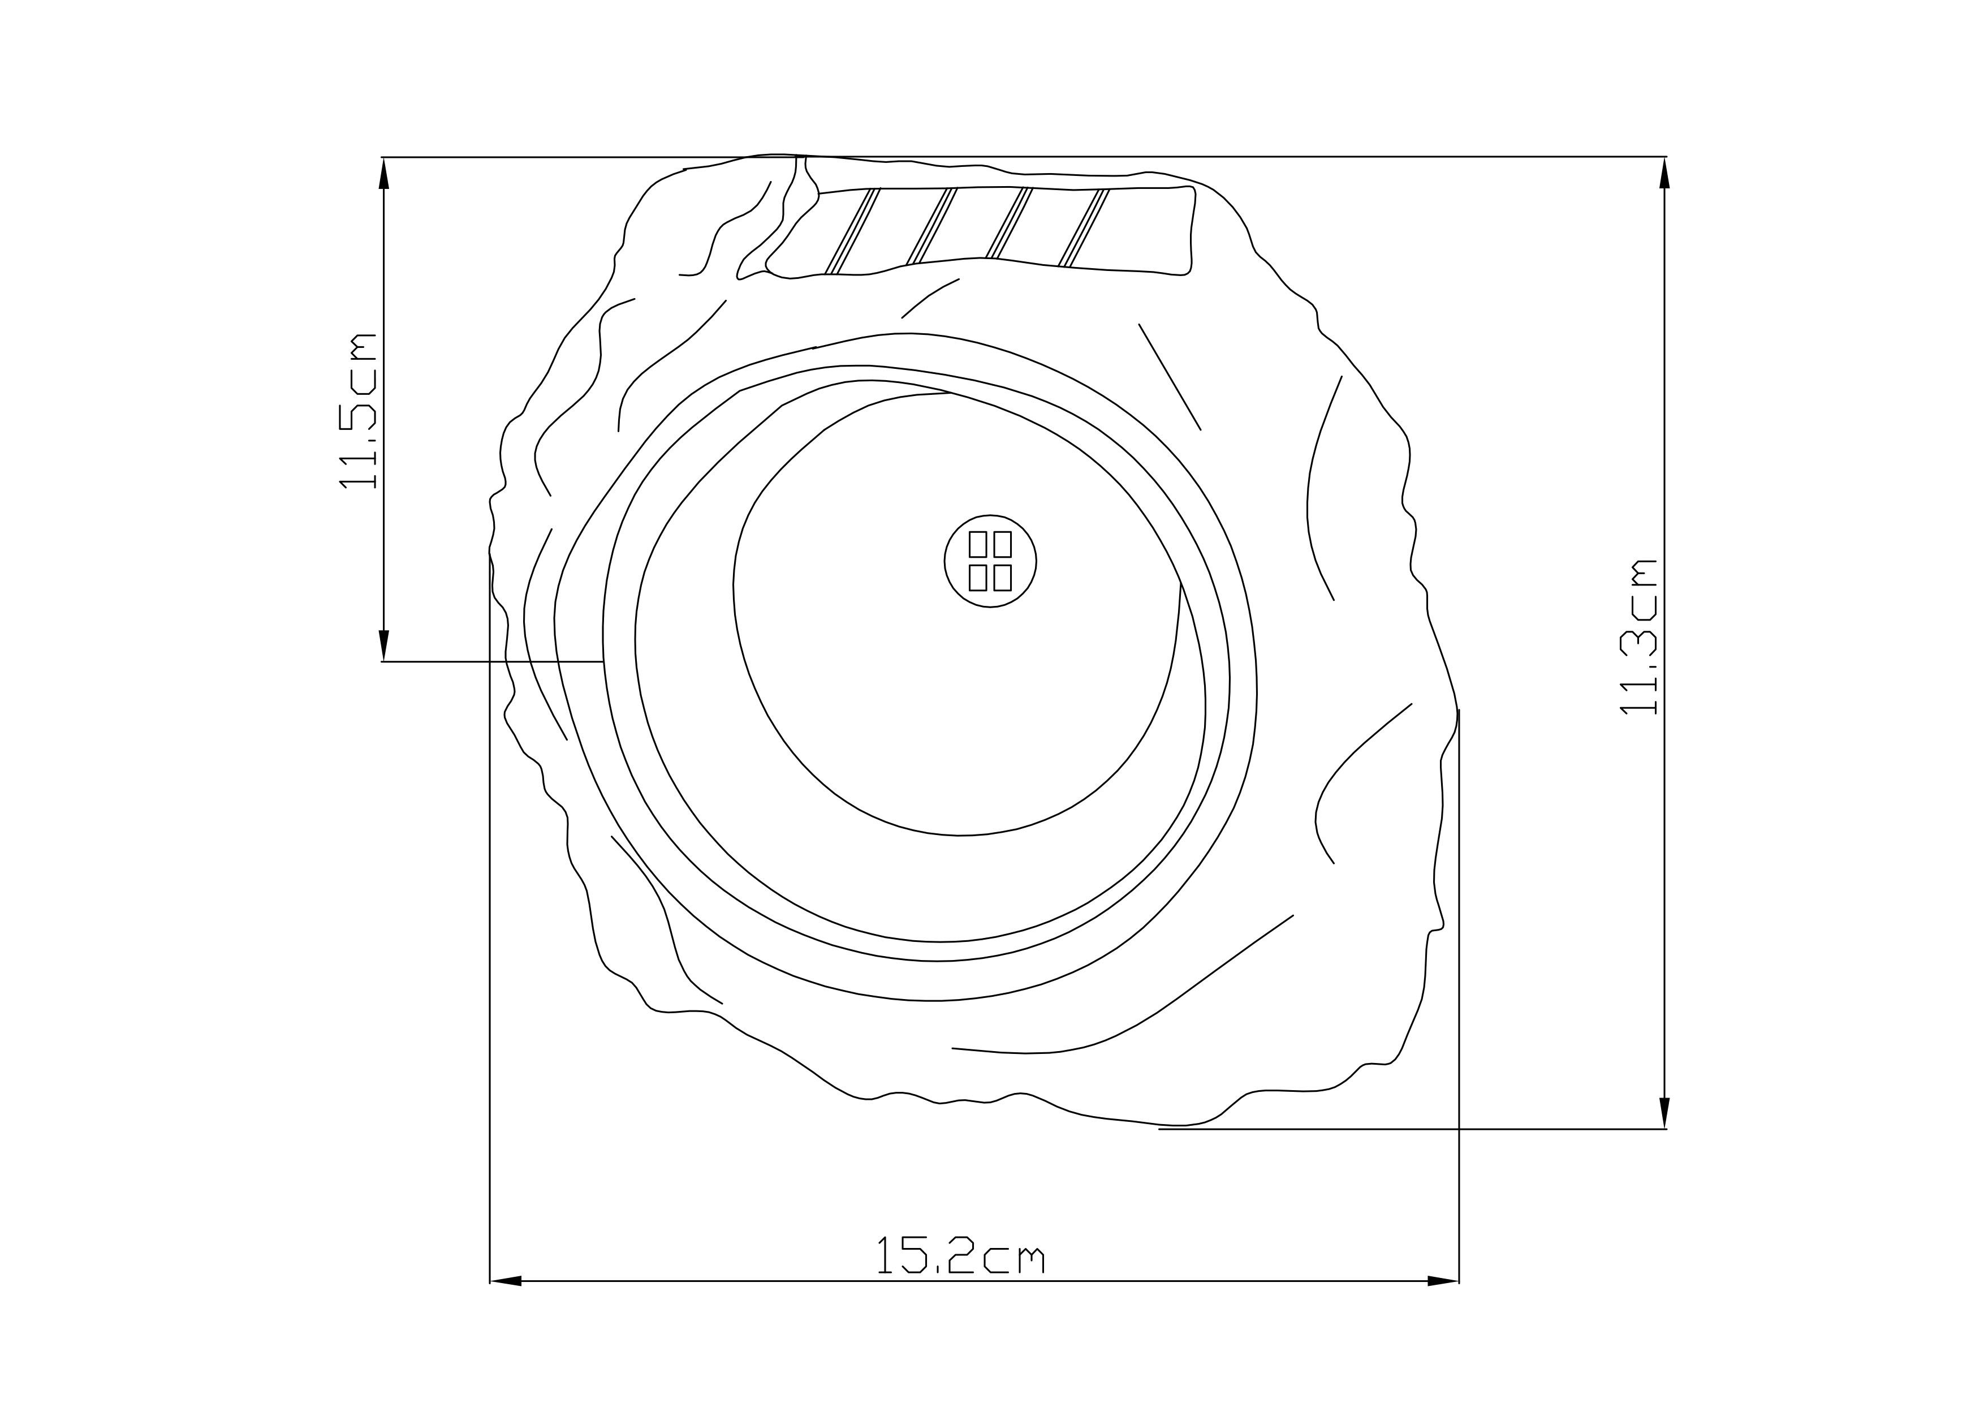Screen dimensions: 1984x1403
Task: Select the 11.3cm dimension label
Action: coord(1638,637)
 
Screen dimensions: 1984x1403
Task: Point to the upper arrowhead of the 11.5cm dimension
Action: coord(385,173)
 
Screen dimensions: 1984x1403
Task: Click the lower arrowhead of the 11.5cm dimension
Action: coord(385,645)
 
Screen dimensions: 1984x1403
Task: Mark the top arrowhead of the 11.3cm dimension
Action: coord(1665,173)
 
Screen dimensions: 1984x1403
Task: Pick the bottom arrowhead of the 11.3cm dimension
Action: coord(1665,1113)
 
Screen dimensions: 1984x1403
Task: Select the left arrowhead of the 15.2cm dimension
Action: coord(506,1281)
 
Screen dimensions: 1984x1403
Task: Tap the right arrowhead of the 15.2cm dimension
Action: coord(1443,1281)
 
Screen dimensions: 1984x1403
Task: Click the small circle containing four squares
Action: coord(990,561)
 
